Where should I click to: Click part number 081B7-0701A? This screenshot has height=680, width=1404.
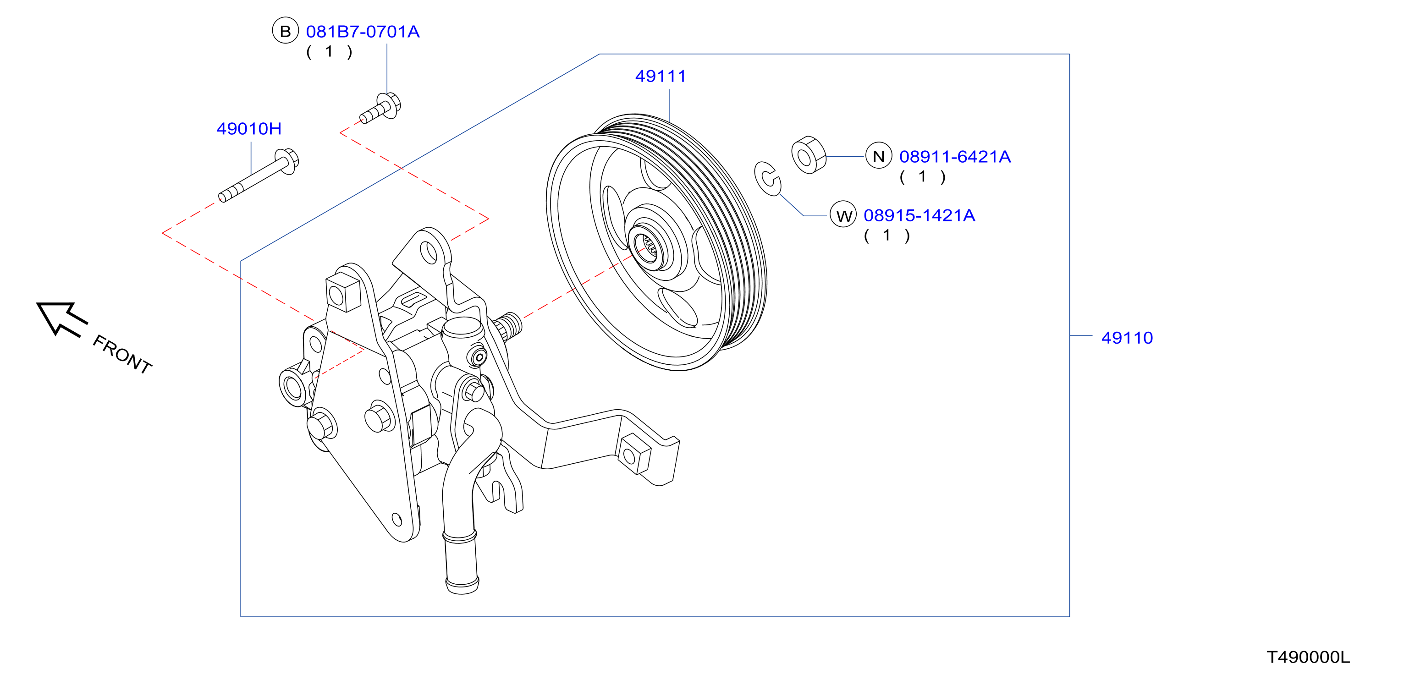pyautogui.click(x=363, y=32)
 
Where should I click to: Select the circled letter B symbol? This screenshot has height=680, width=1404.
pyautogui.click(x=285, y=31)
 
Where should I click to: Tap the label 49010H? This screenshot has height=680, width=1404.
pyautogui.click(x=248, y=129)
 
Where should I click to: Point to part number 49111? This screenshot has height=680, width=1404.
pyautogui.click(x=660, y=76)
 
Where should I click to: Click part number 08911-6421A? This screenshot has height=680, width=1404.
pyautogui.click(x=954, y=157)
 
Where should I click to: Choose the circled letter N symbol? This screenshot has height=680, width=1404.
pyautogui.click(x=878, y=156)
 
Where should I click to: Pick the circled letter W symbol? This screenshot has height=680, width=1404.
pyautogui.click(x=843, y=215)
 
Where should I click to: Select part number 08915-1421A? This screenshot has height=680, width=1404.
pyautogui.click(x=919, y=216)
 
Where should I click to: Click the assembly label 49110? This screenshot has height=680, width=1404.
pyautogui.click(x=1127, y=338)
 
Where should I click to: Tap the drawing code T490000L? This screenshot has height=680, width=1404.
pyautogui.click(x=1308, y=657)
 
